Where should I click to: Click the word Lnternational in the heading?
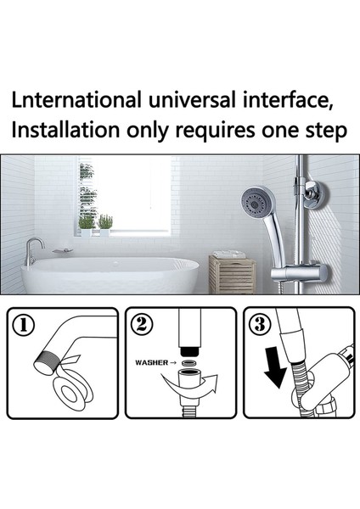pos(76,99)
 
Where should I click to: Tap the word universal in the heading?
pos(192,99)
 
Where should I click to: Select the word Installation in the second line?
pos(65,130)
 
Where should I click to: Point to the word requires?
pos(215,131)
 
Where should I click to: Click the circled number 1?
pos(23,325)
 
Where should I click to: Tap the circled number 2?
pos(142,324)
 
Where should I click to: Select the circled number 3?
pos(260,324)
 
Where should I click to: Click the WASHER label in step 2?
pos(152,362)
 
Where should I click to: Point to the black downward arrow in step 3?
pos(276,366)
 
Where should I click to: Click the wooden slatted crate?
pos(233,275)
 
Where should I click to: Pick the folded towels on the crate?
pos(229,255)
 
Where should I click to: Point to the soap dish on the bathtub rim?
pos(63,251)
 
